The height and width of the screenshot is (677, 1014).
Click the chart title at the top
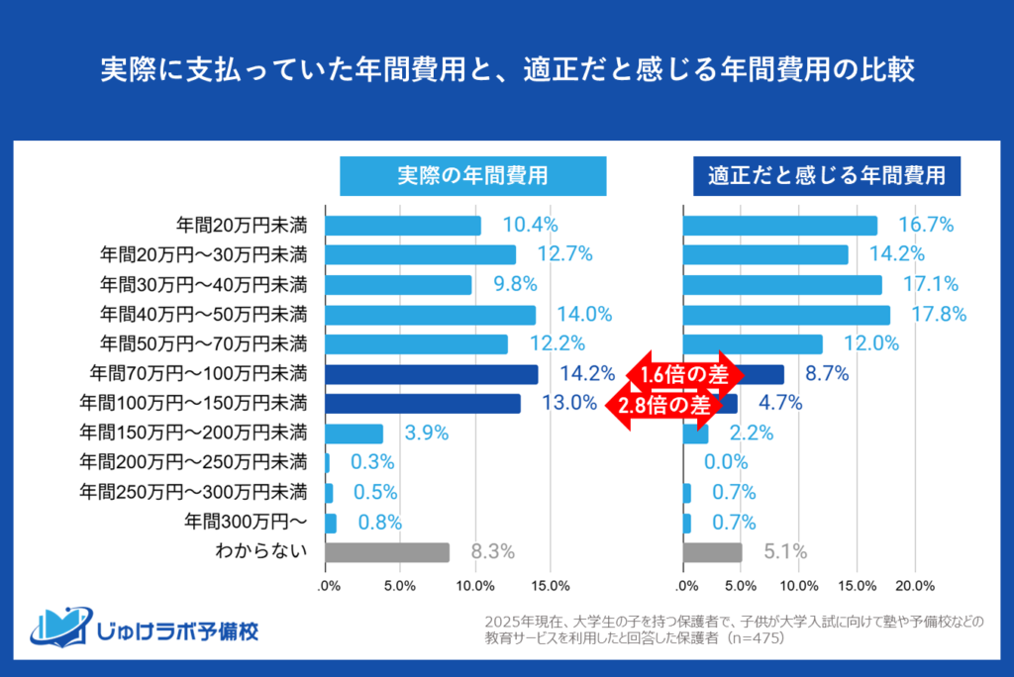point(506,71)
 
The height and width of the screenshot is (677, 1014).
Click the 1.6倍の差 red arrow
point(682,374)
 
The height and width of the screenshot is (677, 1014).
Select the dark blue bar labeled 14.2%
point(431,374)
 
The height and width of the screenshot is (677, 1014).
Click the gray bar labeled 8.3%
point(387,552)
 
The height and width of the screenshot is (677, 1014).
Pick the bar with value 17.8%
point(786,315)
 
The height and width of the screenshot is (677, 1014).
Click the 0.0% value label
point(726,462)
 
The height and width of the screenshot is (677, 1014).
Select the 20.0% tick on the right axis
point(915,585)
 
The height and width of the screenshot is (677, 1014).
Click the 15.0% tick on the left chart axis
point(551,585)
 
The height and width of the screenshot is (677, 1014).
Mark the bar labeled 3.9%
point(355,434)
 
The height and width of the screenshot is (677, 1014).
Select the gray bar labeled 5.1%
point(712,552)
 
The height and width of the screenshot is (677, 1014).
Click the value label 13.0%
point(569,404)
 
